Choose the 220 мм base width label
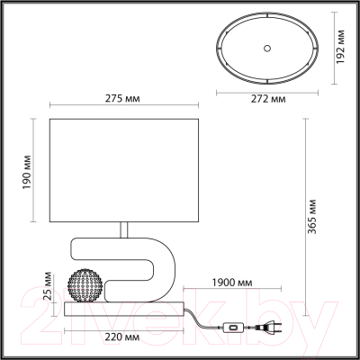(x=122, y=337)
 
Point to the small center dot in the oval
(x=267, y=45)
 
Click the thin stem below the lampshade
(x=126, y=231)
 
